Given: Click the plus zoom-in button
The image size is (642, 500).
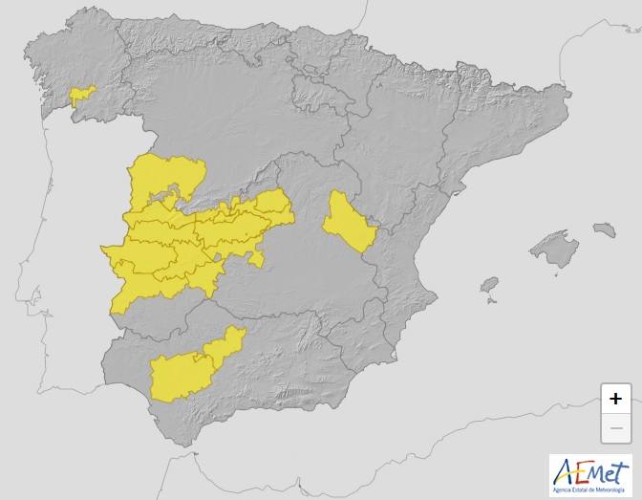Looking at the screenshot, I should [x=616, y=399].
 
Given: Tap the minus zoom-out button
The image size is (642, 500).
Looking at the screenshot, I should [x=616, y=427].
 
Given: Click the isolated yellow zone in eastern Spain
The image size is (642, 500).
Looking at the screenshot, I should [x=347, y=222].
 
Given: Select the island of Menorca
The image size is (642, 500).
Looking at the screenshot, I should [x=604, y=229].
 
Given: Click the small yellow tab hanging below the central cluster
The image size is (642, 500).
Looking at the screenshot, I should [x=255, y=258].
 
